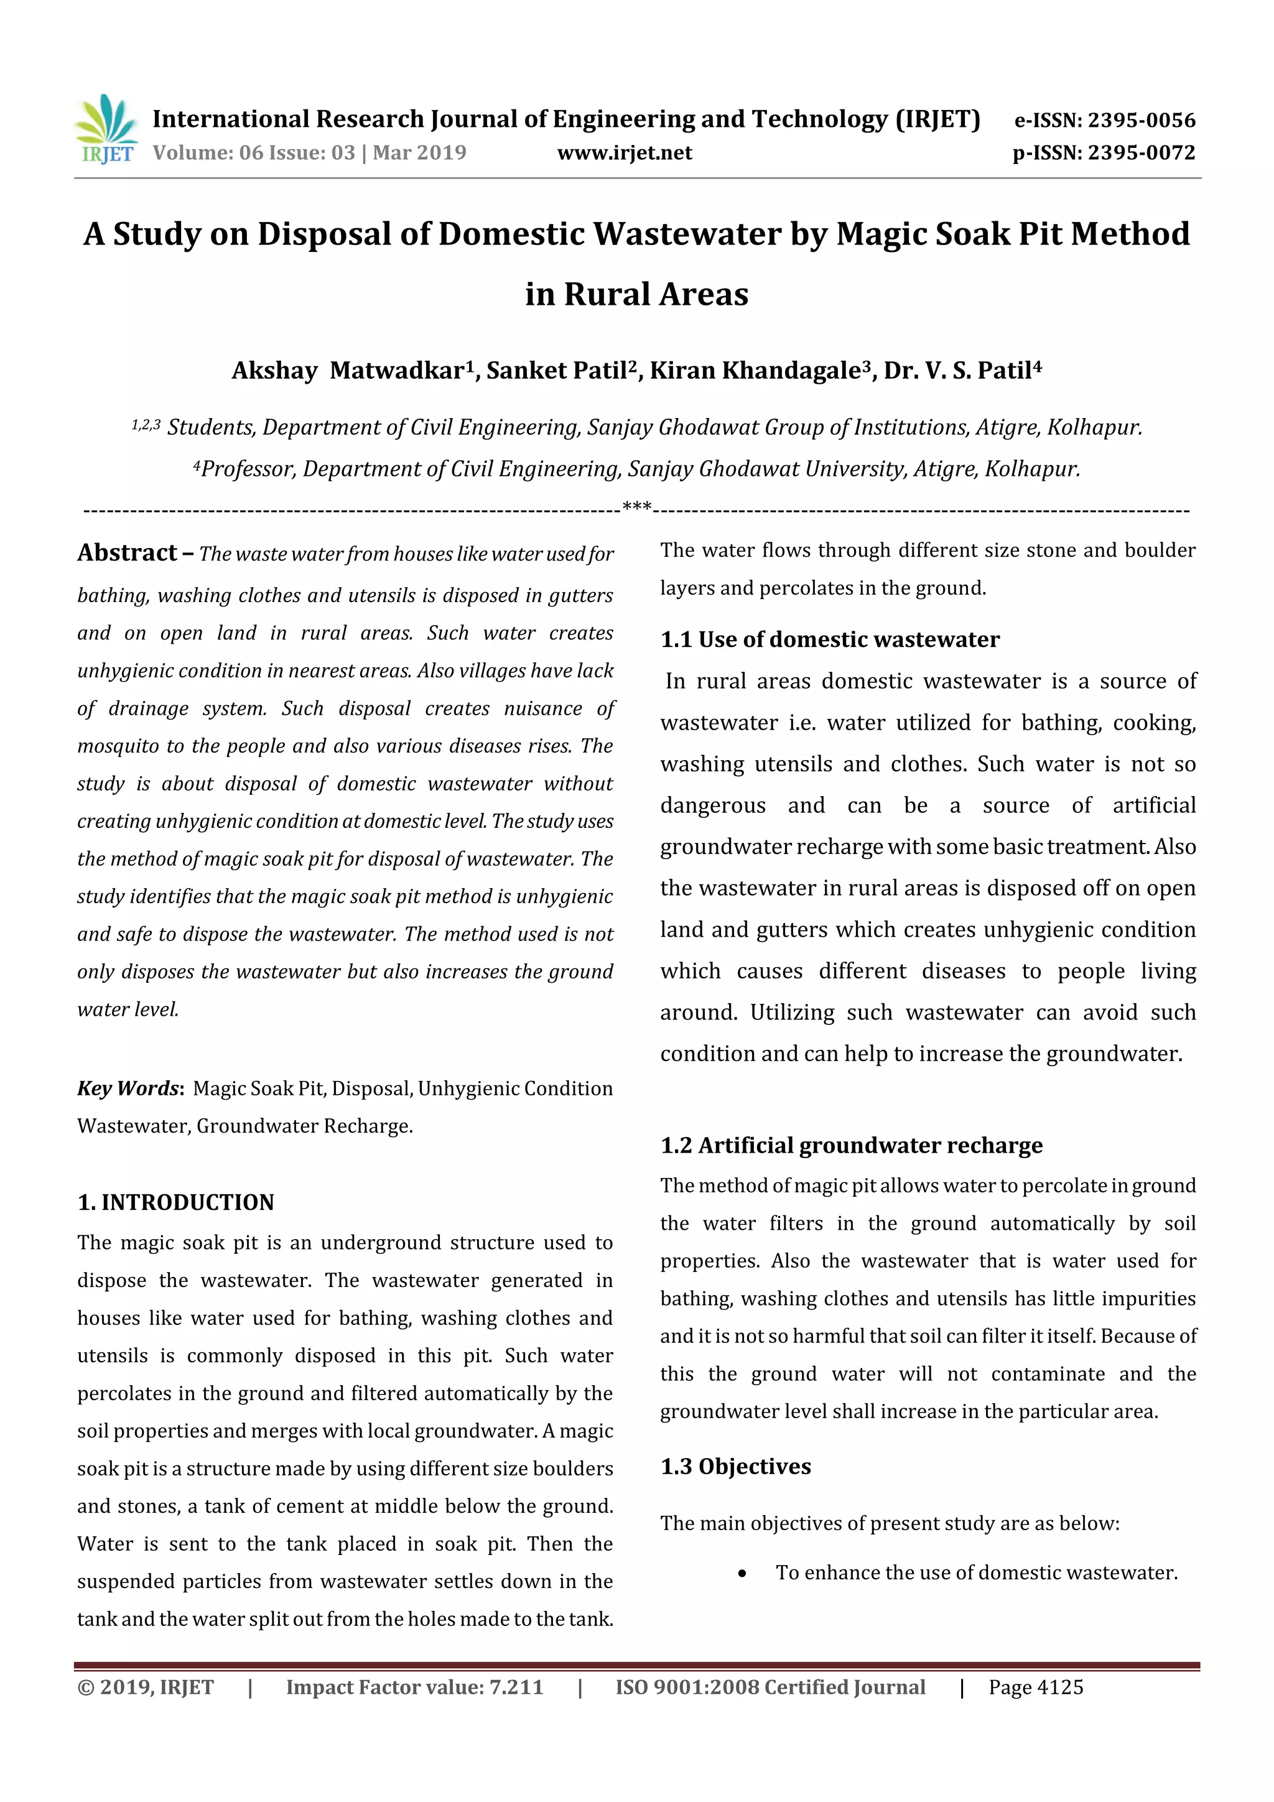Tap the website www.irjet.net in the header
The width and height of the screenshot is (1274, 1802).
pyautogui.click(x=624, y=152)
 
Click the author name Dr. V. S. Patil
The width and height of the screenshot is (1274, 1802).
pyautogui.click(x=961, y=371)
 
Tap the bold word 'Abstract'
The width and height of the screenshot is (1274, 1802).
pyautogui.click(x=127, y=554)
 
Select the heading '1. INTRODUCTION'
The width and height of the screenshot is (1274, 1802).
pyautogui.click(x=176, y=1202)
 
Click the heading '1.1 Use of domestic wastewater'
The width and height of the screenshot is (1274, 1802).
pyautogui.click(x=830, y=639)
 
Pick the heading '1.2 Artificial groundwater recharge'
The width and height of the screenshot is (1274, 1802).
pyautogui.click(x=851, y=1146)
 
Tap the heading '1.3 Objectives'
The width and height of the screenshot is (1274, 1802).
pyautogui.click(x=735, y=1467)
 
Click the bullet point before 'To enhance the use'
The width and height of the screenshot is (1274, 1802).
pyautogui.click(x=742, y=1573)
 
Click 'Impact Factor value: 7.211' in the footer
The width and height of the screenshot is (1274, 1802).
pyautogui.click(x=414, y=1688)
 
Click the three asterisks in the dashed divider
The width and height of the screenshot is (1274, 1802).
pyautogui.click(x=636, y=507)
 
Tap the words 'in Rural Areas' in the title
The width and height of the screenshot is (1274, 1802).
pyautogui.click(x=636, y=294)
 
